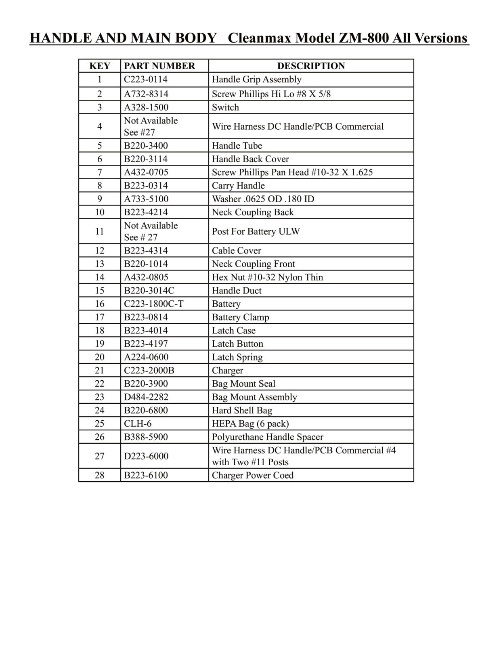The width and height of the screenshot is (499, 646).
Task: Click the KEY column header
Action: [x=99, y=66]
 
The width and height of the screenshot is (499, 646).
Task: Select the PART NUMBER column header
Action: [x=159, y=66]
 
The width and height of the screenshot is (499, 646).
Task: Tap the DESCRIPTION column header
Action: [x=311, y=66]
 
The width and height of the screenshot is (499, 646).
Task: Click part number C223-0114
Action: [x=145, y=80]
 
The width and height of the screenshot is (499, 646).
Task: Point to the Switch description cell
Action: [x=225, y=107]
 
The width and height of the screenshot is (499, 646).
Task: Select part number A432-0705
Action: [x=146, y=172]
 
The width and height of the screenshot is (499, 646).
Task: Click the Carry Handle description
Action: [x=238, y=186]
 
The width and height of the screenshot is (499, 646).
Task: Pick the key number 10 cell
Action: [x=99, y=212]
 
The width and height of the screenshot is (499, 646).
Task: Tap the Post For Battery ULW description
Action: [x=256, y=231]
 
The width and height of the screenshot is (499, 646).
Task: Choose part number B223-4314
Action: [x=145, y=251]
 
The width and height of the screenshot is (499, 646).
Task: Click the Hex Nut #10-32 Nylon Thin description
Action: [x=267, y=277]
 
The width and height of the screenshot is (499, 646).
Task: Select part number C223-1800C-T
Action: [x=153, y=304]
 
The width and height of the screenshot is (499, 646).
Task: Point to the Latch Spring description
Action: [x=237, y=357]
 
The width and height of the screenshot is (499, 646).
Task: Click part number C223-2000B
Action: [x=149, y=371]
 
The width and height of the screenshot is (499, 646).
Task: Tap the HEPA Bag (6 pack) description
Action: [x=250, y=424]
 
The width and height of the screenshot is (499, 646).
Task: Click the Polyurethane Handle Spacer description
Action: [x=267, y=437]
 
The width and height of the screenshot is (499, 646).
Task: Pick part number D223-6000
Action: [x=146, y=456]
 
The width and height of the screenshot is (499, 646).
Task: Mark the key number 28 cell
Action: [x=99, y=476]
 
